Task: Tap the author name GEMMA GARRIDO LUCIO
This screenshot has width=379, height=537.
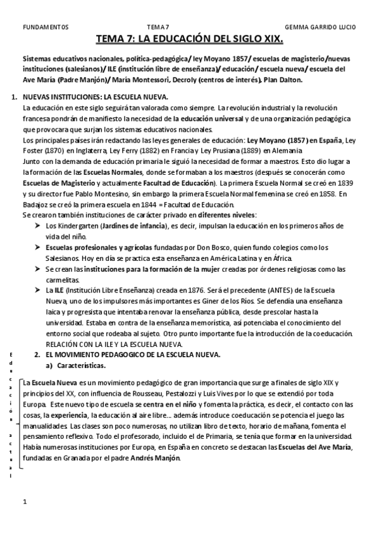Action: [321, 27]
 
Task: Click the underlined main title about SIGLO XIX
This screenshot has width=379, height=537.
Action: [189, 39]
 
